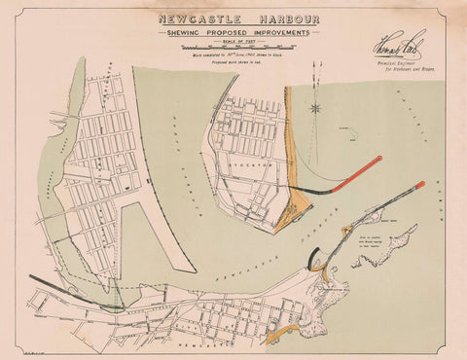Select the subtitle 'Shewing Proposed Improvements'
[233, 32]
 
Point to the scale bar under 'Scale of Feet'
[233, 48]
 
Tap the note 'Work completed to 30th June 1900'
[233, 55]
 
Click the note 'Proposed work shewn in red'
[233, 63]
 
